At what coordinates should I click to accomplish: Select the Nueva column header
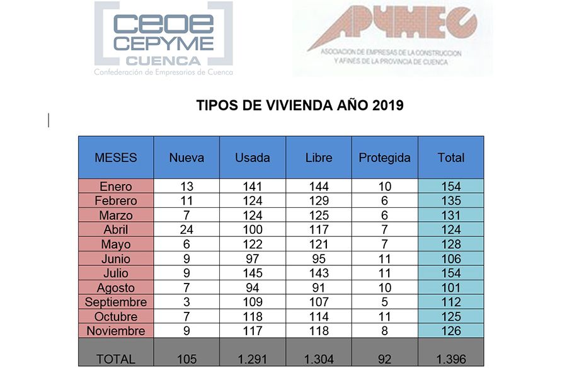186,158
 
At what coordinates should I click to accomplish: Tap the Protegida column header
384,158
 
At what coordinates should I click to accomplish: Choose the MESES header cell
116,158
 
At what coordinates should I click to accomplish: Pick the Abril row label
116,230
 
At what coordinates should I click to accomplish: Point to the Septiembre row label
116,302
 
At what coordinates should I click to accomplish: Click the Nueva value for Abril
186,230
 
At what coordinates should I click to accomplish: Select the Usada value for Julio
252,273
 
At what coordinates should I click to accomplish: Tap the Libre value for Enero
318,186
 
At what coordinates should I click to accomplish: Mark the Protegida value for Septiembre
384,302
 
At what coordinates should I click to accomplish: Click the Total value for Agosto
450,288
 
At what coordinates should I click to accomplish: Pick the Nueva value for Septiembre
186,302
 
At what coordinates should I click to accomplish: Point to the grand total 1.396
450,359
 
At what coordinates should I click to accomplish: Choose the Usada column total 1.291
252,359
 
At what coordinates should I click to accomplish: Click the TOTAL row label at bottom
116,359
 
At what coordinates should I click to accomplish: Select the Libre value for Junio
318,259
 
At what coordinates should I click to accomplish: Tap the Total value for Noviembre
450,331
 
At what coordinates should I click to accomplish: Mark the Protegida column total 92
384,359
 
